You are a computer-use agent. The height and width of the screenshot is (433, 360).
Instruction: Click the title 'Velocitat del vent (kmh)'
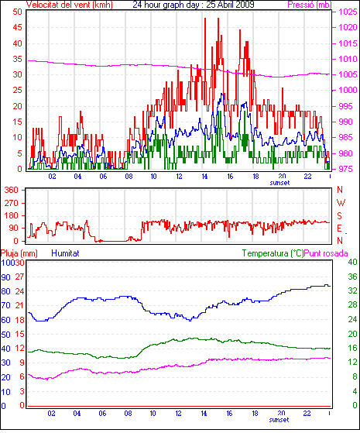point(70,5)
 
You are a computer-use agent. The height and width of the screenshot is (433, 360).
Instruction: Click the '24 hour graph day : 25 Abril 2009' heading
point(194,5)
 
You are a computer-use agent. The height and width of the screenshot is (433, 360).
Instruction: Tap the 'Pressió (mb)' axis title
point(310,5)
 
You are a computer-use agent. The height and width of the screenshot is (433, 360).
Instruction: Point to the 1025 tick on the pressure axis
point(348,12)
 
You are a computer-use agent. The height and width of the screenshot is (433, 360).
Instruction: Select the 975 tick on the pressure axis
point(347,169)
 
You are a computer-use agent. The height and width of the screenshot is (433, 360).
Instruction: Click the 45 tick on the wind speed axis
point(17,27)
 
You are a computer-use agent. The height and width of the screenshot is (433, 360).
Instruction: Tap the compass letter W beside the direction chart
point(341,203)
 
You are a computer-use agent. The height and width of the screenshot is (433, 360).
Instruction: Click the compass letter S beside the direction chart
point(339,215)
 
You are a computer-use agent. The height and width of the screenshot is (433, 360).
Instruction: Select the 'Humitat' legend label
point(65,253)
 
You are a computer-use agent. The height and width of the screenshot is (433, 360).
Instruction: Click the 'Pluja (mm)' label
point(19,253)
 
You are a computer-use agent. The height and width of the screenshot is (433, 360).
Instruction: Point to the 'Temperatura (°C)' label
point(273,253)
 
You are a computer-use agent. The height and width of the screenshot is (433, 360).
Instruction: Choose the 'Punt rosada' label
point(326,253)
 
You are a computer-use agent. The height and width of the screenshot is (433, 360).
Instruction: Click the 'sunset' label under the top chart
point(279,183)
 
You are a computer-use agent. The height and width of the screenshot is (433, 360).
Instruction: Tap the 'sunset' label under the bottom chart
point(279,420)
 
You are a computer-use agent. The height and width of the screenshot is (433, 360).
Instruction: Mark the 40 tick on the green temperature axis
point(352,262)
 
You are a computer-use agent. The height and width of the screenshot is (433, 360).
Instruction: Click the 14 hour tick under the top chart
point(204,176)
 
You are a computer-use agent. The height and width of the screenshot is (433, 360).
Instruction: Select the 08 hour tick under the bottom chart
point(128,413)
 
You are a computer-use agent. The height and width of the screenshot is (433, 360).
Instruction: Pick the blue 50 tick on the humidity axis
point(5,335)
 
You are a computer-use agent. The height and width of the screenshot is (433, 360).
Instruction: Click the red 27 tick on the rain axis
point(19,277)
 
